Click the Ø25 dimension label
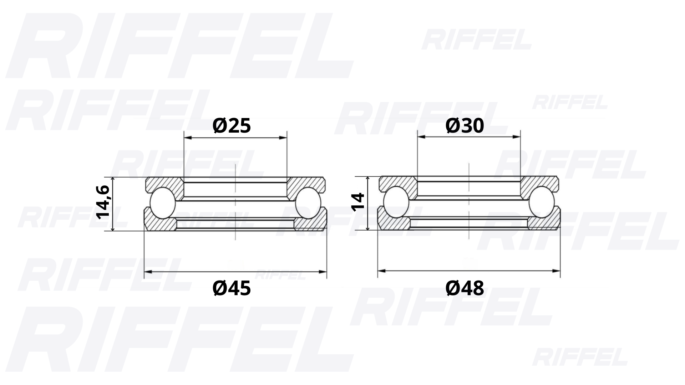pyautogui.click(x=232, y=126)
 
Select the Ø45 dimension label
pyautogui.click(x=232, y=288)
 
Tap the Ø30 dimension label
pyautogui.click(x=465, y=126)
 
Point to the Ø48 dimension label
pyautogui.click(x=465, y=288)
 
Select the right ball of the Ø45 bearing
pyautogui.click(x=308, y=203)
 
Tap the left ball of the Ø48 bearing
pyautogui.click(x=396, y=202)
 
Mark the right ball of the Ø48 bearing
pyautogui.click(x=542, y=202)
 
